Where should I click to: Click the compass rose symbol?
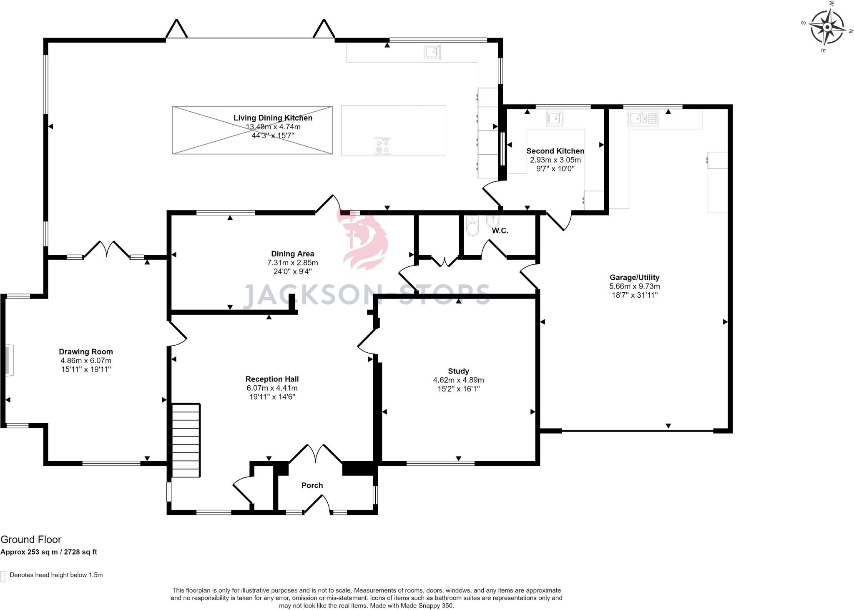click(827, 28)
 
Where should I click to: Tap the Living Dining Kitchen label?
click(273, 118)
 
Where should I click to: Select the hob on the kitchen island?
click(382, 146)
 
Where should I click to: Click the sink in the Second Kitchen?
click(555, 118)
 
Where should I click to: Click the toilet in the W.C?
click(472, 226)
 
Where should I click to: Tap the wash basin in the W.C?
click(493, 221)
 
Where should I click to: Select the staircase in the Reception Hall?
click(186, 440)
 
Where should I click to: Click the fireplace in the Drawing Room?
click(9, 360)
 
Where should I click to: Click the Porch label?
click(312, 485)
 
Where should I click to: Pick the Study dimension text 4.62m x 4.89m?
click(458, 380)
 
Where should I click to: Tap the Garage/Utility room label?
click(634, 277)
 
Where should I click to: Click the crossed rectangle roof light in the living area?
click(252, 130)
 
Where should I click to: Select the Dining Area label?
click(292, 254)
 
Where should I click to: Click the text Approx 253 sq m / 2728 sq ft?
click(49, 552)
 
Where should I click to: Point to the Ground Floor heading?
click(31, 540)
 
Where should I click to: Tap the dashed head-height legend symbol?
click(3, 576)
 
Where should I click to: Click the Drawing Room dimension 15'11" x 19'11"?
click(85, 369)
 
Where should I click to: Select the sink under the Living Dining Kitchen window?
click(432, 52)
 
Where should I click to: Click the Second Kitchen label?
click(555, 151)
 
